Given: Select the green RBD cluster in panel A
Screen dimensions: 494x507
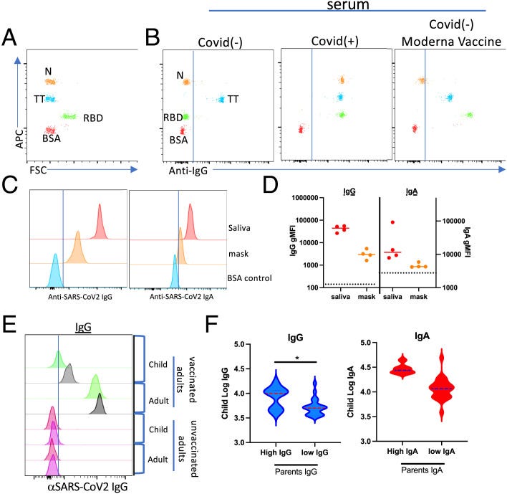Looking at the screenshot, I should point(69,115).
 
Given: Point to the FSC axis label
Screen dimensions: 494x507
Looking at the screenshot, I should point(40,172).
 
